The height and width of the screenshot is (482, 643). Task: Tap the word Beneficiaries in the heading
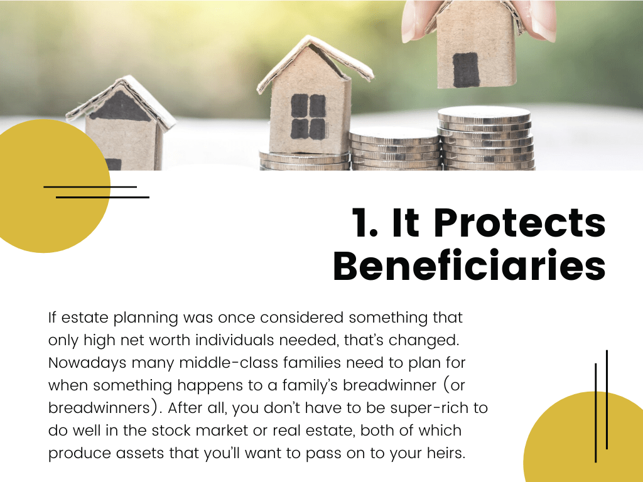coord(470,265)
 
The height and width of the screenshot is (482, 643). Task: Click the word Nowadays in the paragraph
coord(87,363)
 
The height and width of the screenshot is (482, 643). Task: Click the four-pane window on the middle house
coord(308,116)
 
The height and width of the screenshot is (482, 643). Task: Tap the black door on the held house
coord(466,70)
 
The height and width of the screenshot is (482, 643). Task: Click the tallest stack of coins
coord(486,139)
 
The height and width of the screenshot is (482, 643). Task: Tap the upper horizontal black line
coord(90,187)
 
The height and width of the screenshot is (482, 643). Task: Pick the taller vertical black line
coord(607,400)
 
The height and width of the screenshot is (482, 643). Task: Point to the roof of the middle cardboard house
coord(315,62)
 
